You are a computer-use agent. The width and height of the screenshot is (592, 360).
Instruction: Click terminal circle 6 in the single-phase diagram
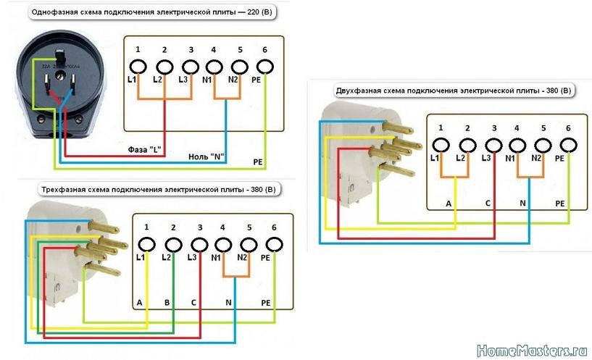tap(265, 67)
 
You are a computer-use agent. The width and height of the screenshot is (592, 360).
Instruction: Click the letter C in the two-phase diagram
tap(488, 204)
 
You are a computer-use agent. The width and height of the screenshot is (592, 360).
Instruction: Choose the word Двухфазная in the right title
tap(360, 91)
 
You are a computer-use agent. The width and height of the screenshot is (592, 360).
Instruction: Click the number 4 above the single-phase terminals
tap(214, 49)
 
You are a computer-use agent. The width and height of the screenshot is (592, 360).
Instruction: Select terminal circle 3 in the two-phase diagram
tap(493, 144)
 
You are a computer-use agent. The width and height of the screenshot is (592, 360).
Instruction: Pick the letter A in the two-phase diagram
tap(449, 204)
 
